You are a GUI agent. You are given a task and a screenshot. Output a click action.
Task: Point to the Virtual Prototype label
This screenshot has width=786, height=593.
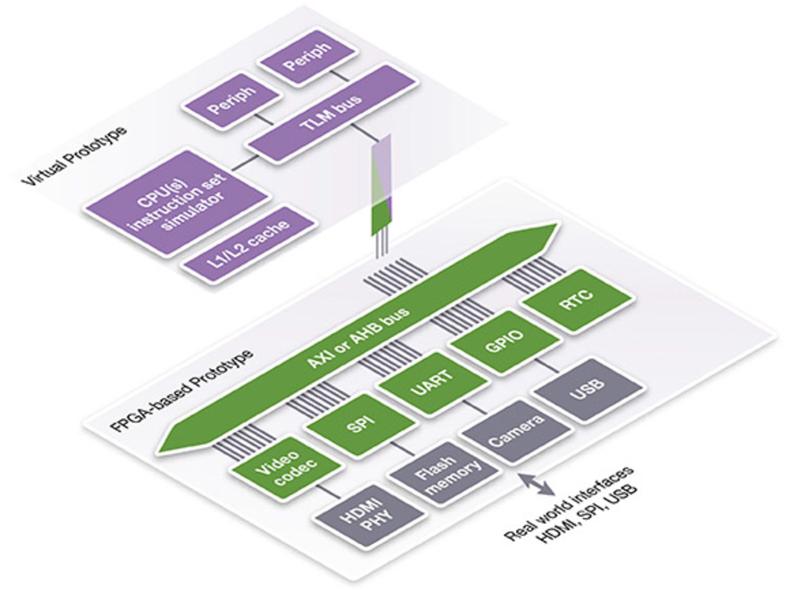[x=70, y=149]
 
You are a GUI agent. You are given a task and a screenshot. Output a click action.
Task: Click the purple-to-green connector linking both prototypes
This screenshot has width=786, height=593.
[x=382, y=185]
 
